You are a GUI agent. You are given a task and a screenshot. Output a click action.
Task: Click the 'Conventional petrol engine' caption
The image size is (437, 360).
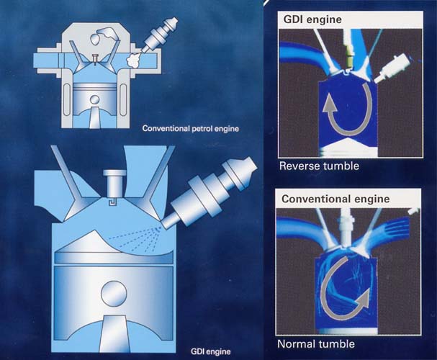(x=191, y=128)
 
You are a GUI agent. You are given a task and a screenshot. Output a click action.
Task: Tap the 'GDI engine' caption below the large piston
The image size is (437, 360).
(x=211, y=351)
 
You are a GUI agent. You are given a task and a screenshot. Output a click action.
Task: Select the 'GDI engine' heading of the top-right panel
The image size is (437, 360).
(x=312, y=19)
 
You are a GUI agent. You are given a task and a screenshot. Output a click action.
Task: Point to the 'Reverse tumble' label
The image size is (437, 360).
(x=319, y=166)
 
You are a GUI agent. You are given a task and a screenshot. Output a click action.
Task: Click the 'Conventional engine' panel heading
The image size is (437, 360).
(x=335, y=199)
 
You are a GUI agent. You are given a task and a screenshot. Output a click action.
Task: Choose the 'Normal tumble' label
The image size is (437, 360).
(x=316, y=344)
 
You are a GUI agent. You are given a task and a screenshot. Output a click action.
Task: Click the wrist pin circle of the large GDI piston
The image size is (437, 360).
(x=114, y=294)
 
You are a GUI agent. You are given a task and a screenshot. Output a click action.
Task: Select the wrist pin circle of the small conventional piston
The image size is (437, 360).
(x=95, y=100)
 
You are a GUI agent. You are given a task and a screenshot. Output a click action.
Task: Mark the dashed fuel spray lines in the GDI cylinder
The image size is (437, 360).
(x=134, y=238)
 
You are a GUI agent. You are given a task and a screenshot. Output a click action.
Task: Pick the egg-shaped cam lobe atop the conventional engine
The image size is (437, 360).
(x=95, y=39)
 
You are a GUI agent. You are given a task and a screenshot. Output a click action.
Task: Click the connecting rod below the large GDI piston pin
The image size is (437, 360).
(x=114, y=334)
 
